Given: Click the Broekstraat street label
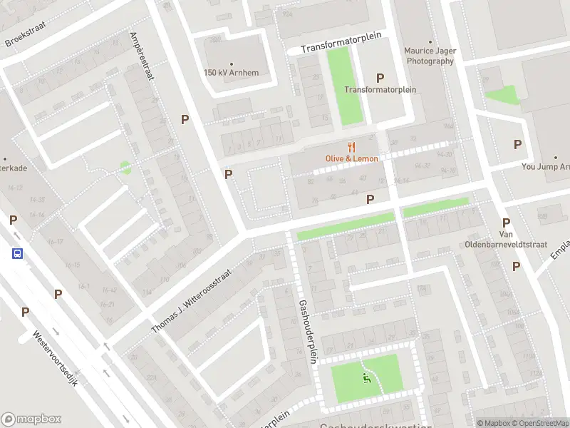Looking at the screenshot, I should click(25, 32).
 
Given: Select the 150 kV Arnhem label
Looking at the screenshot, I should click(231, 73).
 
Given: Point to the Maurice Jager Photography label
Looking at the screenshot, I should click(429, 56).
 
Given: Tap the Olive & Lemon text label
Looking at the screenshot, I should click(351, 158).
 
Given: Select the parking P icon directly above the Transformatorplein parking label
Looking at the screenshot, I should click(380, 78).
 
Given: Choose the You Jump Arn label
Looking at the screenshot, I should click(545, 167).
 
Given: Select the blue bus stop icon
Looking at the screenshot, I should click(16, 253).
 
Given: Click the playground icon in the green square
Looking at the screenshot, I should click(366, 377).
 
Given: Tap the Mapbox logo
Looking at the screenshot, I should click(31, 419).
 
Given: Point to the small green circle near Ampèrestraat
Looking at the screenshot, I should click(125, 168).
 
